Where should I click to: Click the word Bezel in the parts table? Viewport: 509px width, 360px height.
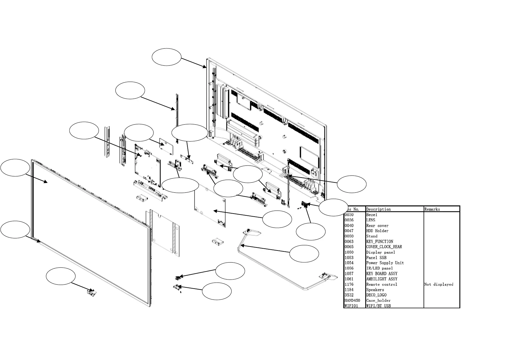(x=371, y=215)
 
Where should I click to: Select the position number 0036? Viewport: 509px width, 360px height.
(x=349, y=220)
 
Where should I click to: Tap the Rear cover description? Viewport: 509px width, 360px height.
(x=377, y=226)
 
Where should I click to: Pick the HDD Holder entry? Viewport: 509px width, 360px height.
(x=377, y=231)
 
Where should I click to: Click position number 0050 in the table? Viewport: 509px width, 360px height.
(x=349, y=236)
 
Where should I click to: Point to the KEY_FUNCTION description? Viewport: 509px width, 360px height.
(x=380, y=242)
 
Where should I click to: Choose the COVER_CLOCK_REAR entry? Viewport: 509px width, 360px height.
(x=384, y=247)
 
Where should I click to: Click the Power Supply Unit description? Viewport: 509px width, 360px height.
(x=385, y=263)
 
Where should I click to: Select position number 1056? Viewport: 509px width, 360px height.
(x=349, y=268)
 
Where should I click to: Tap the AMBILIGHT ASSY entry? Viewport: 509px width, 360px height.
(x=382, y=279)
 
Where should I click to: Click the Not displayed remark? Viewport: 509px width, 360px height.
(x=439, y=284)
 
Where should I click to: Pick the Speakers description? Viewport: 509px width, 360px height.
(x=375, y=290)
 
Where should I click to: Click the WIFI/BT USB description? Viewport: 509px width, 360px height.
(x=378, y=306)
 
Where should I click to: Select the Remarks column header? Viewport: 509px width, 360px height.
(x=432, y=209)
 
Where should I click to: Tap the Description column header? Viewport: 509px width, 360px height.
(x=378, y=209)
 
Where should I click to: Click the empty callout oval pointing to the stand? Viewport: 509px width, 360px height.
(x=304, y=254)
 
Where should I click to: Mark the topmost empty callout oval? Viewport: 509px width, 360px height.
(x=166, y=57)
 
